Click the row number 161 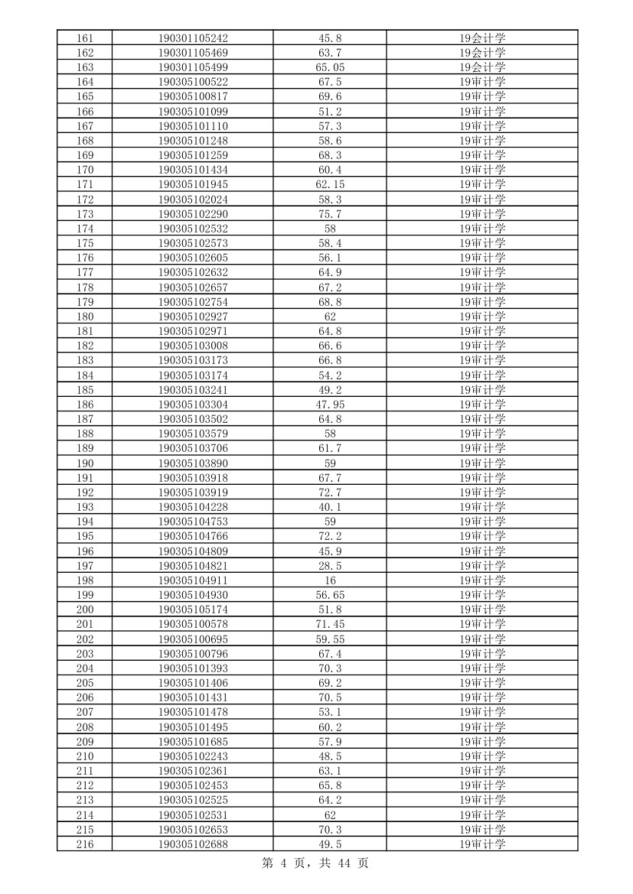click(84, 38)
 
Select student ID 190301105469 click(193, 53)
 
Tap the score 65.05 click(330, 67)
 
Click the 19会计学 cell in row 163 click(482, 67)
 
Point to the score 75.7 click(330, 214)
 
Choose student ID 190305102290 click(193, 214)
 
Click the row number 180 click(84, 317)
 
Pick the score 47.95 click(330, 405)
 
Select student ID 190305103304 click(193, 405)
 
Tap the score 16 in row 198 click(330, 580)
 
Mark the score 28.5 click(330, 566)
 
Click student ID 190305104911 click(193, 580)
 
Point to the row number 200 click(84, 610)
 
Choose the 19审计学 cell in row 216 click(482, 844)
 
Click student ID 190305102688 click(193, 844)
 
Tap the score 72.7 click(330, 493)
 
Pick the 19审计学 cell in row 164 click(482, 82)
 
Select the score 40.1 click(330, 507)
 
